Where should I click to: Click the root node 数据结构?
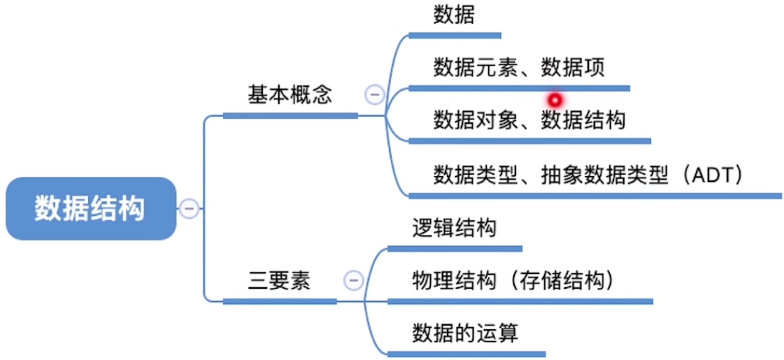click(90, 208)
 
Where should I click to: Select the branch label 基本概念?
click(290, 96)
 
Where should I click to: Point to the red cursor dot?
click(555, 100)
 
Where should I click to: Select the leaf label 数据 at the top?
click(454, 16)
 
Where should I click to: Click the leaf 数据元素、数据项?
click(518, 68)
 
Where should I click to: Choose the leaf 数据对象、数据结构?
click(529, 120)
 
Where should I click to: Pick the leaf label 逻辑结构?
click(455, 228)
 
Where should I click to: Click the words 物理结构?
click(454, 280)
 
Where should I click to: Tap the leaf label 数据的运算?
click(465, 332)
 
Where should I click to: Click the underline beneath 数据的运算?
click(466, 354)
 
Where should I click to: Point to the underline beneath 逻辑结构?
click(455, 248)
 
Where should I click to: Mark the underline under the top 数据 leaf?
click(455, 35)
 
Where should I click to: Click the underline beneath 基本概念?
click(290, 115)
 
